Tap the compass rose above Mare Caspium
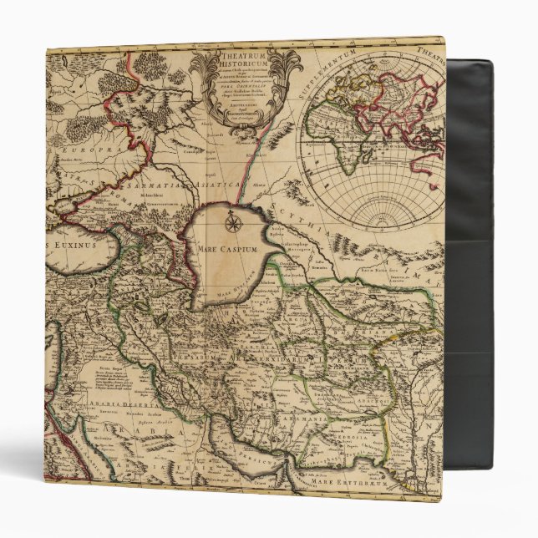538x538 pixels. click(x=233, y=223)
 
